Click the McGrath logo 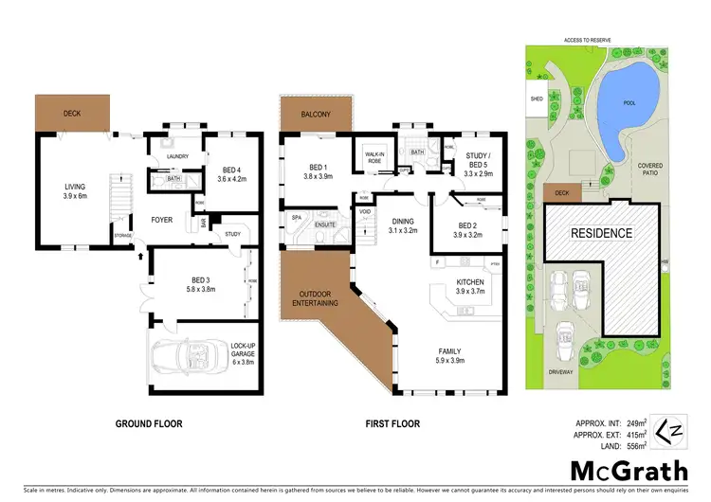(615, 470)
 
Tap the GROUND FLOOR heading (149, 424)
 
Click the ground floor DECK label (72, 114)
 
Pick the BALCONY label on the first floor (317, 114)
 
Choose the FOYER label (161, 219)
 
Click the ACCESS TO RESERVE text (590, 40)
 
